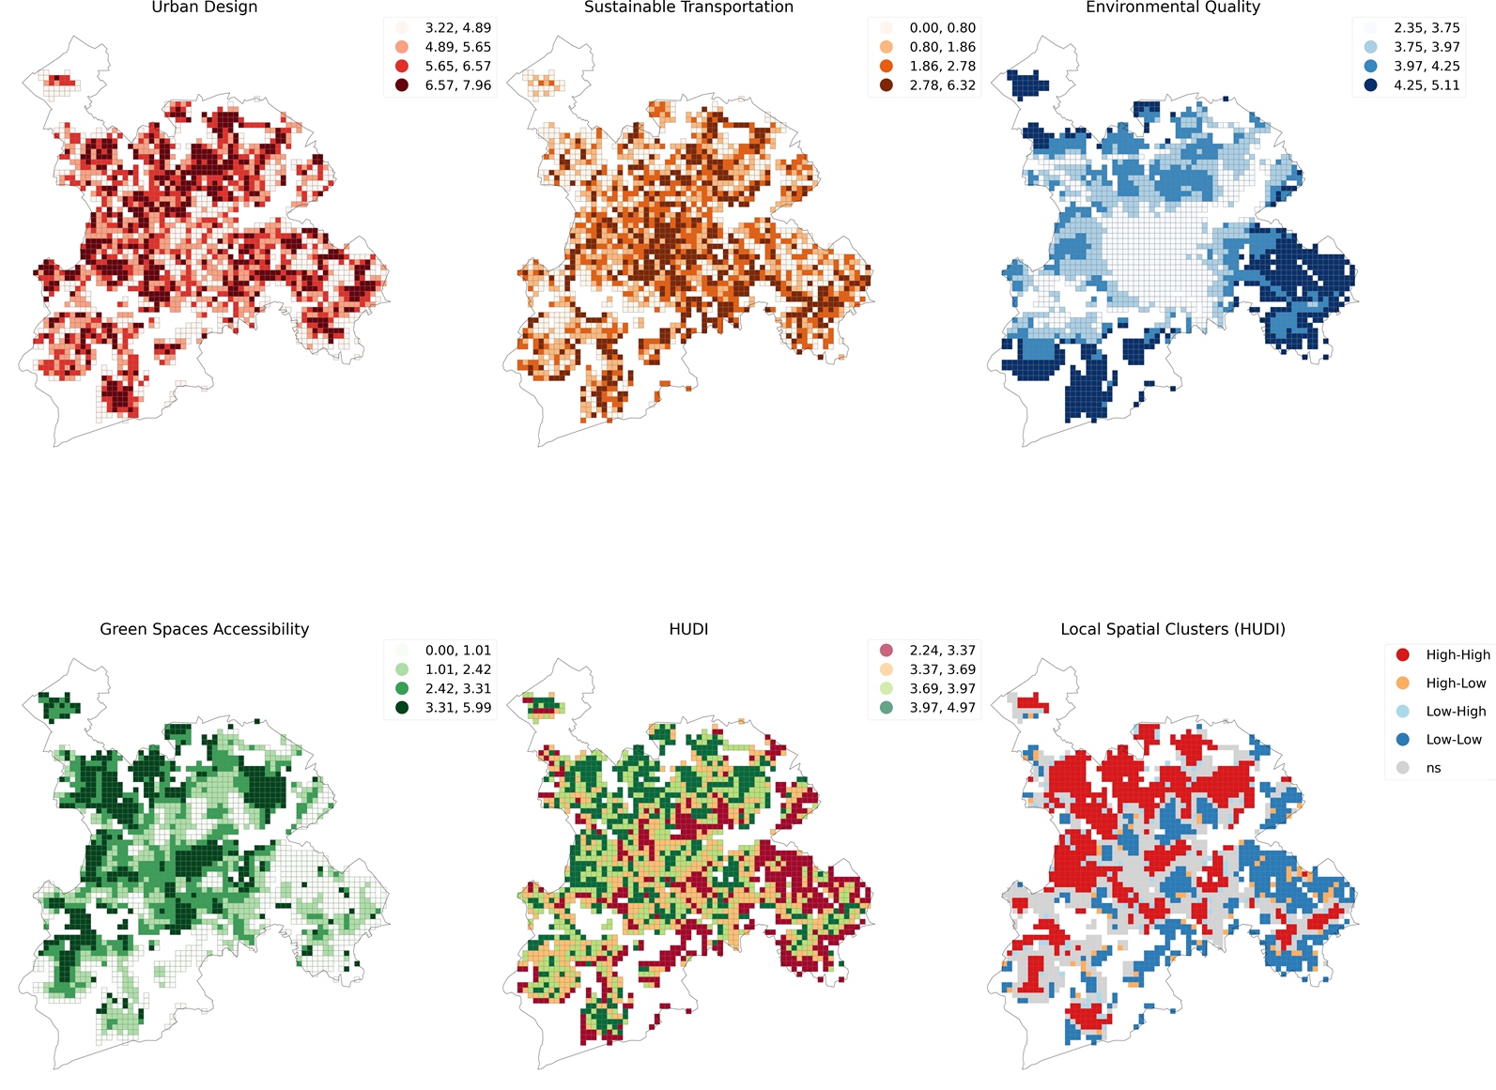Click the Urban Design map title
pos(204,8)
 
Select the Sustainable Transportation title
pos(688,8)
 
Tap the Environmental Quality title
pos(1172,8)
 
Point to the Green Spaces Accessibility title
pos(204,629)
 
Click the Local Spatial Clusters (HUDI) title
pos(1172,629)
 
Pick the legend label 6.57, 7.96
pos(457,85)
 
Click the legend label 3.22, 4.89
pos(457,28)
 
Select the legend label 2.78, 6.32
pos(942,85)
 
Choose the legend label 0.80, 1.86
pos(942,47)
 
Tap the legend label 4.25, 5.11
pos(1427,85)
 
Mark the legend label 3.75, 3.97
pos(1427,47)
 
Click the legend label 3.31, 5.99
pos(457,708)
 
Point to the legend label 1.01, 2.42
pos(457,669)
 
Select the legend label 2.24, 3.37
pos(942,651)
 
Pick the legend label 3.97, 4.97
pos(942,708)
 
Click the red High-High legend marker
pos(1403,654)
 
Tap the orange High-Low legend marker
pos(1403,683)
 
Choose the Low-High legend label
pos(1456,712)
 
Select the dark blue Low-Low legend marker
pos(1403,740)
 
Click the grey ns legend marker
pos(1403,768)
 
